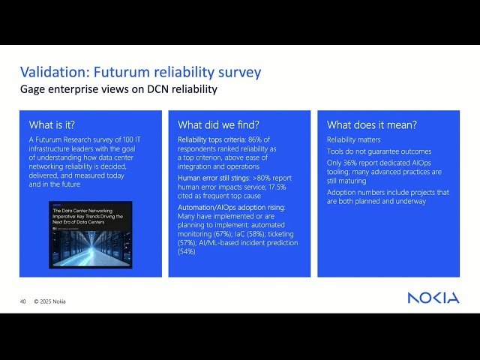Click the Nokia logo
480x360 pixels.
click(433, 298)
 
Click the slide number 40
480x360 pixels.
click(22, 301)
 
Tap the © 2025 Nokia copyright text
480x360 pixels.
click(49, 301)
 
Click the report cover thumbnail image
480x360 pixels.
click(90, 235)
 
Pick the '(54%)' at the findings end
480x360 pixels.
click(187, 252)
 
